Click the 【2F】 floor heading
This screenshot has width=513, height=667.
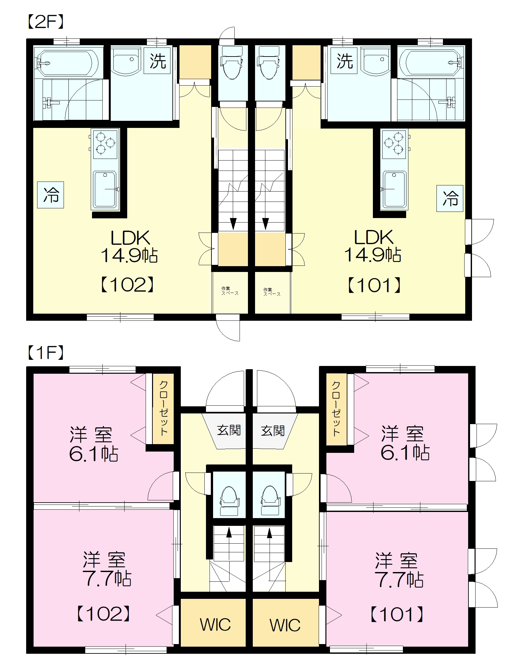coord(45,22)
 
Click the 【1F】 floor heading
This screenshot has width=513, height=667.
coord(45,352)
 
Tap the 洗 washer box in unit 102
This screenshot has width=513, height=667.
coord(157,60)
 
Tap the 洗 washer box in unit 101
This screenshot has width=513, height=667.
coord(344,60)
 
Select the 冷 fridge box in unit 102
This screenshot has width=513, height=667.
coord(51,195)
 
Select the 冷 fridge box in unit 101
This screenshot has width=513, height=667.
coord(450,198)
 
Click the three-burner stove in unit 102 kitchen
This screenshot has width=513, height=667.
coord(105,144)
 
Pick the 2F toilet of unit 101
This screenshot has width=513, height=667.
coord(269,63)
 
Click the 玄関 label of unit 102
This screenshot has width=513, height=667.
coord(229,430)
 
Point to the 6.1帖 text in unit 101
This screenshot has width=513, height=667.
coord(405,452)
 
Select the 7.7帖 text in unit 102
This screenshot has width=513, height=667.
coord(107,578)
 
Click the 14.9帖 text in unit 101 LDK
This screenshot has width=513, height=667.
coord(373,255)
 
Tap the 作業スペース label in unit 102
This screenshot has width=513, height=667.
coord(230,291)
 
